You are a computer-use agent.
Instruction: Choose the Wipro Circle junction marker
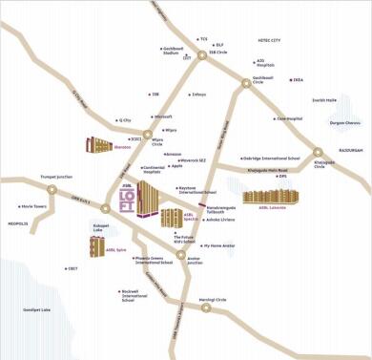click(147, 136)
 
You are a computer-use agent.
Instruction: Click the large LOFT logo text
click(127, 199)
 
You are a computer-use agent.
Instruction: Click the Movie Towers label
click(33, 205)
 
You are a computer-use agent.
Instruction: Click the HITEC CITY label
click(269, 41)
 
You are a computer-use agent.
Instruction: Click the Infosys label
click(198, 95)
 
